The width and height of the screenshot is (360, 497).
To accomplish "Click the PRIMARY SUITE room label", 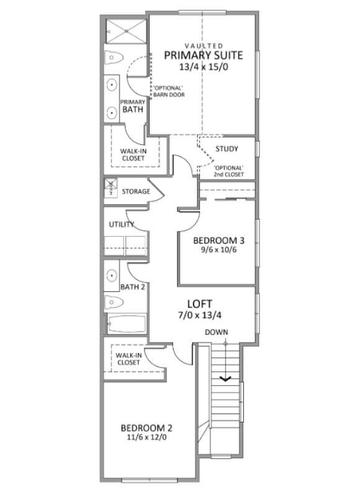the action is (203, 55).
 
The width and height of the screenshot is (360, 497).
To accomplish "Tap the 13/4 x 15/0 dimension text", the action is (204, 67).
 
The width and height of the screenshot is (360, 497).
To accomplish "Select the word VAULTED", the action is (204, 46).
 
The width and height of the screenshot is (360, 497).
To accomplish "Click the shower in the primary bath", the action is (126, 31).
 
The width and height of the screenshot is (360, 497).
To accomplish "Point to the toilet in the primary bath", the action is (114, 58).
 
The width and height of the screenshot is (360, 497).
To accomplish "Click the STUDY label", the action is (227, 148).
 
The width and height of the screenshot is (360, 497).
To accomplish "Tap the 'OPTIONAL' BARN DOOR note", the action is (169, 91).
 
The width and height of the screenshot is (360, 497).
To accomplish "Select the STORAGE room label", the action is (136, 191).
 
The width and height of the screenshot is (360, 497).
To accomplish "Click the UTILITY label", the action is (122, 224).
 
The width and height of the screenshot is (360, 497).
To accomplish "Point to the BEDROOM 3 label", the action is (218, 240).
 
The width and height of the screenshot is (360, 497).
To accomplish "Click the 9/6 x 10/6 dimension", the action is (218, 250).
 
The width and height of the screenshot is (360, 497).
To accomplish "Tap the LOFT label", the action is (199, 304).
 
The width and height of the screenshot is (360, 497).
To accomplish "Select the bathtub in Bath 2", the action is (127, 324).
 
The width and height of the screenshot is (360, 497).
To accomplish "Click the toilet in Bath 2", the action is (114, 303).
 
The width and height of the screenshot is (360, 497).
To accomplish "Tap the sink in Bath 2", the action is (112, 275).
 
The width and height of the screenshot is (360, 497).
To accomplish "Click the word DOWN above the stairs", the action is (216, 332).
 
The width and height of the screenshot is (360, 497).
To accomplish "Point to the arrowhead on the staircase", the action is (225, 378).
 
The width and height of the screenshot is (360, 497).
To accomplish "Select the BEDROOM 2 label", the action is (146, 428).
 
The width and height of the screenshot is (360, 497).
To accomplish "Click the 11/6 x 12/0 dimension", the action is (146, 437).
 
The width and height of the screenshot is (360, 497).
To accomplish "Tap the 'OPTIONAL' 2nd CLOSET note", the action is (228, 171).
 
